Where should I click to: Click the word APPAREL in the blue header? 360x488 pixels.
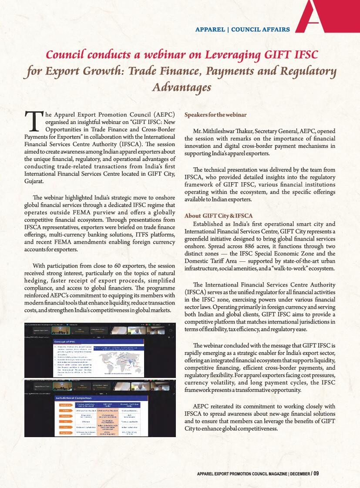(x=210, y=30)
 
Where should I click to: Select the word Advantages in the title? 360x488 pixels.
(x=182, y=87)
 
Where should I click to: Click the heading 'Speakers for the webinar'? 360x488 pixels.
(x=215, y=115)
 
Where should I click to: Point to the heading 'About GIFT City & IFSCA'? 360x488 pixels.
(x=219, y=216)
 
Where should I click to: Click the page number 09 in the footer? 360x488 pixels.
(x=316, y=473)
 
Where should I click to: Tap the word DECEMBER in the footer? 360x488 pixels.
(x=299, y=474)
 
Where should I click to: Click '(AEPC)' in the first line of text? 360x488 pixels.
(x=162, y=115)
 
